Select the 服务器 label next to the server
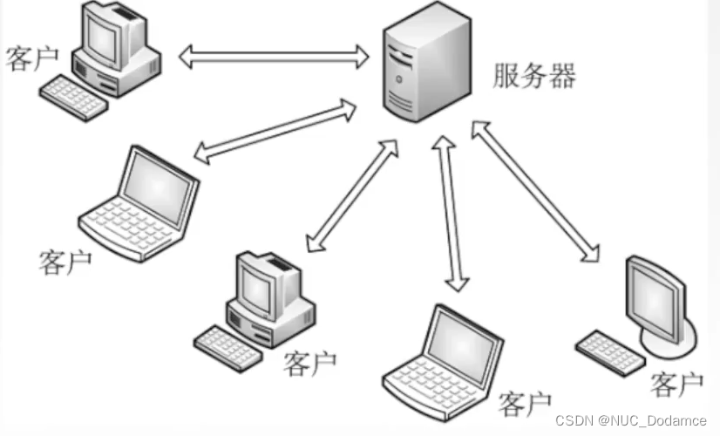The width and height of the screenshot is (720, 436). click(533, 77)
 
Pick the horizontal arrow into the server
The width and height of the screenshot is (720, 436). click(274, 58)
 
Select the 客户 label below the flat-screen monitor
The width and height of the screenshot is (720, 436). click(677, 383)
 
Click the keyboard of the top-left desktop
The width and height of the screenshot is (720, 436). click(75, 97)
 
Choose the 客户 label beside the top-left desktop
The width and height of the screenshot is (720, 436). click(31, 58)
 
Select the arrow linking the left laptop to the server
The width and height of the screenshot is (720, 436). click(275, 132)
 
